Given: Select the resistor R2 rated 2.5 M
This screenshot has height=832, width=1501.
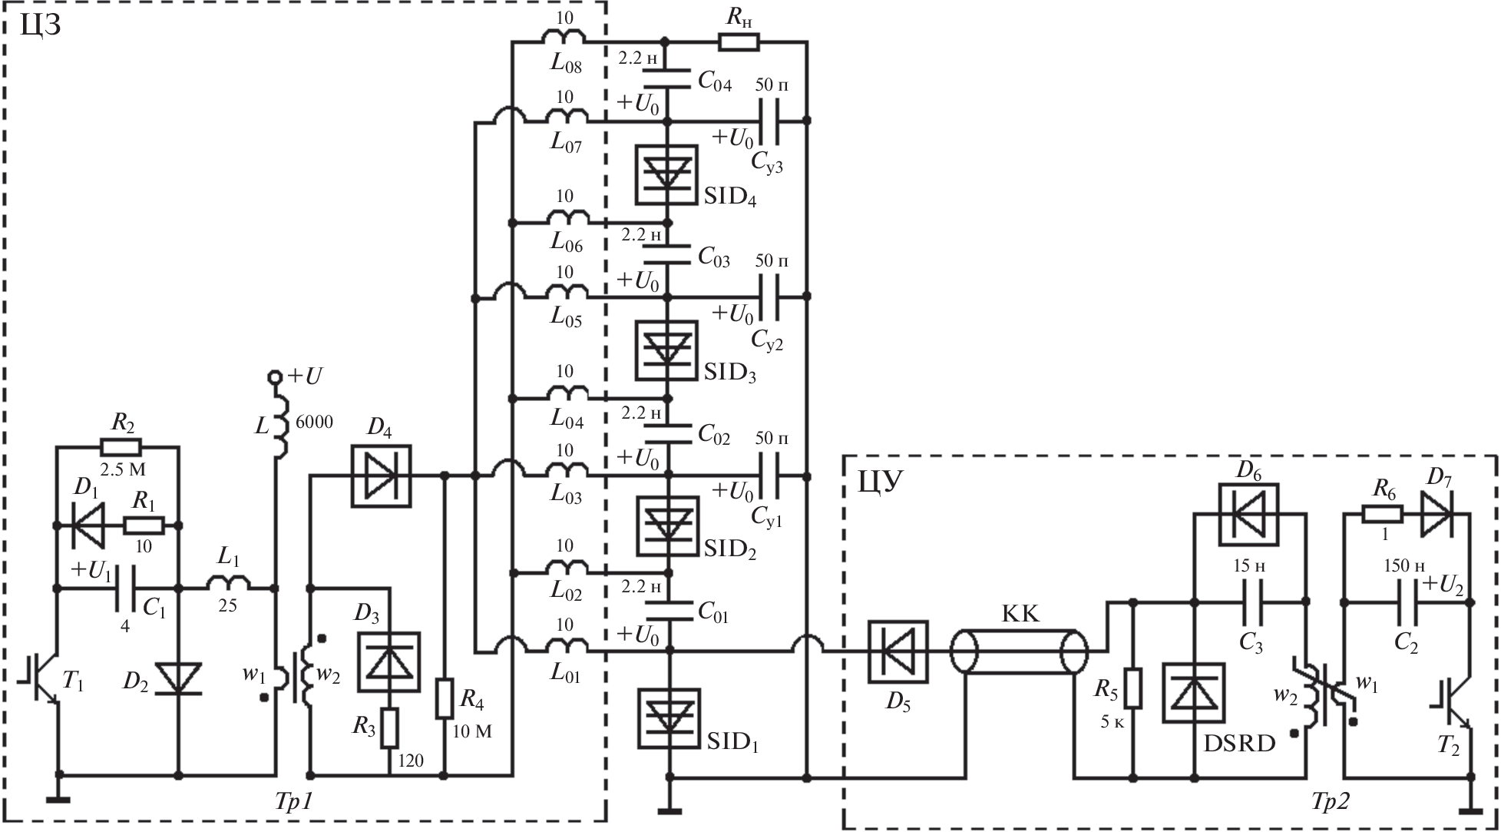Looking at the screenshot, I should pyautogui.click(x=121, y=447).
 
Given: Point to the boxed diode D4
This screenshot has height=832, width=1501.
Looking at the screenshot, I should pyautogui.click(x=381, y=476).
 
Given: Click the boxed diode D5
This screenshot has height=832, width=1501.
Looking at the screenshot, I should pyautogui.click(x=898, y=652).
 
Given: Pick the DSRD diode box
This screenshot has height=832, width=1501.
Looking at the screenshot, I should pyautogui.click(x=1194, y=693).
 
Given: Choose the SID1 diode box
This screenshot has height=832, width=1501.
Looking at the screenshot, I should pyautogui.click(x=668, y=718).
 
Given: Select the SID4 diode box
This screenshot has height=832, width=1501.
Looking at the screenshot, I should pyautogui.click(x=666, y=175).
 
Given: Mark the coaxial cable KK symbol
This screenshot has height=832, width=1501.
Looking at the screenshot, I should pyautogui.click(x=1019, y=653).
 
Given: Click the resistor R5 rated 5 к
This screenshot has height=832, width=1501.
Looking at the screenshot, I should pyautogui.click(x=1132, y=688).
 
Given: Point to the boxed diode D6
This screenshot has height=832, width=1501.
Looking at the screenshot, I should pyautogui.click(x=1248, y=515).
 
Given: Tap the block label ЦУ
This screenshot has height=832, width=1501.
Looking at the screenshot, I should pyautogui.click(x=880, y=482).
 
